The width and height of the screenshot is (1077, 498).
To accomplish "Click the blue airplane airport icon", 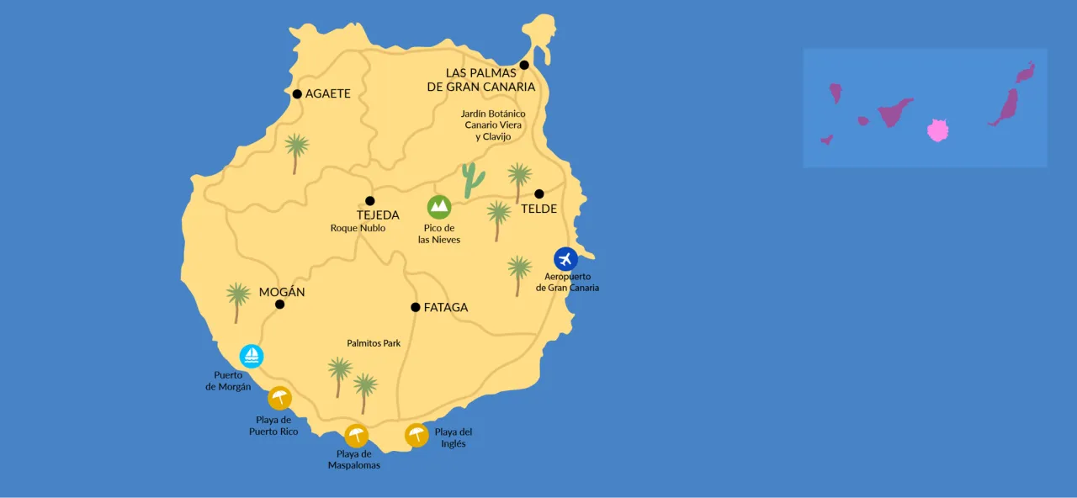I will click(x=565, y=259).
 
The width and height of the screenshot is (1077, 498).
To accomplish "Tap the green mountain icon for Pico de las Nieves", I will click(x=439, y=207).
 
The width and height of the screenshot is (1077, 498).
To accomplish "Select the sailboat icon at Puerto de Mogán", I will click(x=252, y=356).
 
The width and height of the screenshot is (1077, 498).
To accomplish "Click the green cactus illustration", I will click(x=473, y=180).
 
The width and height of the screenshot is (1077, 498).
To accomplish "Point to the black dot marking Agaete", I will click(x=297, y=94).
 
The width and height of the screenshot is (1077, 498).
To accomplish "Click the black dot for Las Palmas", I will click(x=524, y=65).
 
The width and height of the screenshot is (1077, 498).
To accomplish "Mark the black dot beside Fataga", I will click(x=415, y=307).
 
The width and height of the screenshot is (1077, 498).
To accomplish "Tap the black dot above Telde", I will click(x=539, y=193).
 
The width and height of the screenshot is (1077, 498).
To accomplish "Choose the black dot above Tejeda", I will click(x=369, y=200).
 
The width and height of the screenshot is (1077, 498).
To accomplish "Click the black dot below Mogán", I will click(x=279, y=305).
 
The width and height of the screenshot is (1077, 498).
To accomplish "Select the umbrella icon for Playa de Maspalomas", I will click(x=356, y=436).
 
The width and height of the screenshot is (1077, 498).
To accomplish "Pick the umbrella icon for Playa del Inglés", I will click(x=416, y=435).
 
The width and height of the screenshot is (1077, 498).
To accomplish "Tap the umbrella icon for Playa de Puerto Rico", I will click(x=279, y=398).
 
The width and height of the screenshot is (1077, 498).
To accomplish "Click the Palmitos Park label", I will click(x=374, y=343).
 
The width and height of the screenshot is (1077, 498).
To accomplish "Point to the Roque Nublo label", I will click(x=358, y=228).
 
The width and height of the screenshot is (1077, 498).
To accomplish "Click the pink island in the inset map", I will click(x=937, y=130).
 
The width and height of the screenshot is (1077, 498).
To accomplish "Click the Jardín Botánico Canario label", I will click(x=493, y=124).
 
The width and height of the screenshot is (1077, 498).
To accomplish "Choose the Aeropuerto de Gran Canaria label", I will click(x=567, y=282).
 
